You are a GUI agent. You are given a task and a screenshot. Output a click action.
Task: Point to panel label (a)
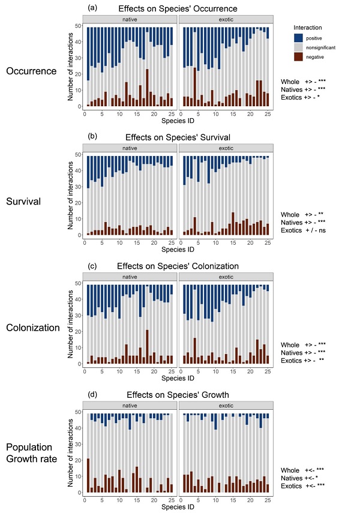click(x=92, y=7)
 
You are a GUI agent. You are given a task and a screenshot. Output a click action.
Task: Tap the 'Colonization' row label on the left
click(x=34, y=328)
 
